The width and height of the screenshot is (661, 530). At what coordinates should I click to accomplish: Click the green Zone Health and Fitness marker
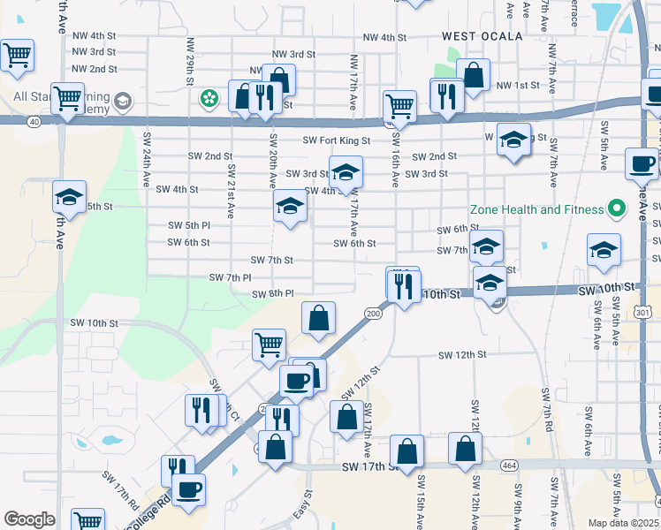pyautogui.click(x=619, y=209)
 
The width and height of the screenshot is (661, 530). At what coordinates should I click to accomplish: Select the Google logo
pyautogui.click(x=29, y=519)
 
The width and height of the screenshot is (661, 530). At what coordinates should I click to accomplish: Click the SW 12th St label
pyautogui.click(x=464, y=355)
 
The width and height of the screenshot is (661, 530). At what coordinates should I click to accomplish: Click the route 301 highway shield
pyautogui.click(x=642, y=312)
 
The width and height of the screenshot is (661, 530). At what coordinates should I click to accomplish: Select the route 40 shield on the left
pyautogui.click(x=33, y=123)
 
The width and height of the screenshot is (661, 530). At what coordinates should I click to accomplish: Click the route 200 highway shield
pyautogui.click(x=372, y=313)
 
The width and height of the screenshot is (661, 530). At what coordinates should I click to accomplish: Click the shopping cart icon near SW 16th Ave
pyautogui.click(x=400, y=106)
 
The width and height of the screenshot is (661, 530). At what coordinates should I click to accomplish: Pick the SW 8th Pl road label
pyautogui.click(x=272, y=293)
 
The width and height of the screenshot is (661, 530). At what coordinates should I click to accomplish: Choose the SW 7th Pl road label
pyautogui.click(x=230, y=277)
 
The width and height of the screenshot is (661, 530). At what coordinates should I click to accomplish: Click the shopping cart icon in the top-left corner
pyautogui.click(x=17, y=56)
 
